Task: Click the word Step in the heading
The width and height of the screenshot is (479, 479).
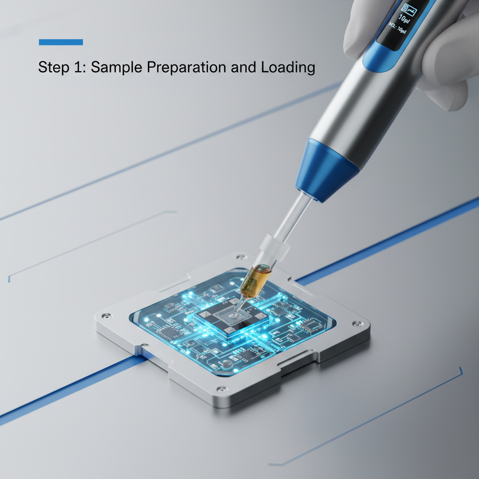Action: [x=52, y=67]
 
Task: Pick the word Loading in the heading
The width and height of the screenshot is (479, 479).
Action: [x=288, y=68]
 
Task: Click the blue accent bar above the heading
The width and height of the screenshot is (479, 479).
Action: [x=61, y=42]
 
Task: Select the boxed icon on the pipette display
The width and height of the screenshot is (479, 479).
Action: [x=409, y=8]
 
